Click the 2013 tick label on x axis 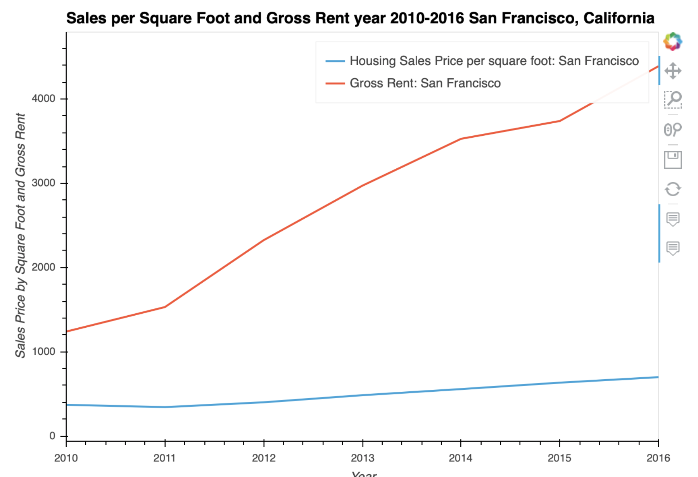[x=362, y=458]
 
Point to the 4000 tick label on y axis [x=43, y=99]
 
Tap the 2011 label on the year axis [x=164, y=458]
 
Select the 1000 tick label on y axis [x=43, y=351]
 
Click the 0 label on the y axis [x=52, y=436]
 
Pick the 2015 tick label [x=559, y=458]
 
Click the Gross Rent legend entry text [x=425, y=83]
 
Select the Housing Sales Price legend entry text [x=494, y=61]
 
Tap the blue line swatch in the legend [x=335, y=61]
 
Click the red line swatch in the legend [x=335, y=83]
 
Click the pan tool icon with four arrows [x=673, y=71]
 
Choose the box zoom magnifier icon [x=673, y=99]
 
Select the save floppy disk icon [x=673, y=160]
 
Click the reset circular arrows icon [x=673, y=189]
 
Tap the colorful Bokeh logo [x=673, y=41]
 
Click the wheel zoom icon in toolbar [x=673, y=129]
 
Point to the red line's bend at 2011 [x=165, y=307]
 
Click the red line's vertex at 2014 [x=461, y=138]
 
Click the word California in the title [x=619, y=18]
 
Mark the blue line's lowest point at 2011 [x=165, y=407]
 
